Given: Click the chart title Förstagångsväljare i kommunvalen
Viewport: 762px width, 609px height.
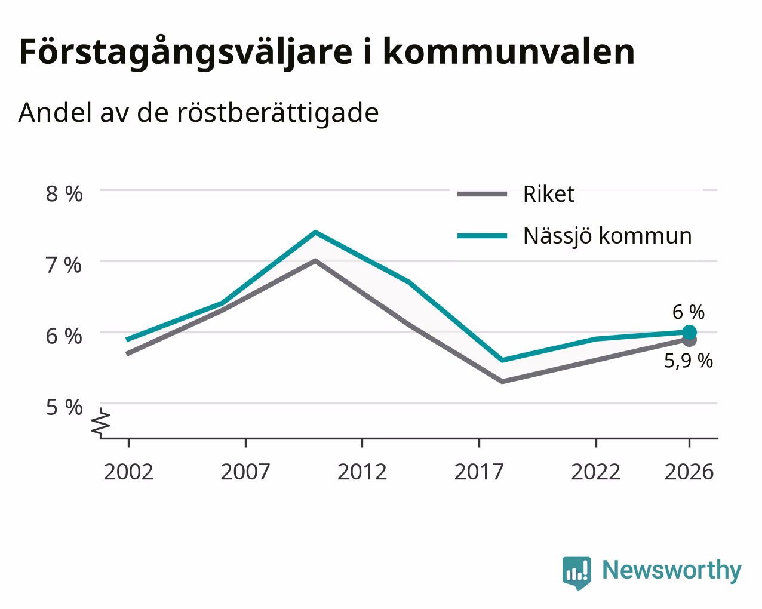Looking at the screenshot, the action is (327, 53).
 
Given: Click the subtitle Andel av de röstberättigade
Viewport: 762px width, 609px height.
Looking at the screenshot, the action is (198, 113).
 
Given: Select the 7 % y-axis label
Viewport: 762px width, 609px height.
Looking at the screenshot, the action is (64, 265).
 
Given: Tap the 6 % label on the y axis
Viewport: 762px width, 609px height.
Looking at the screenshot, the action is (64, 336).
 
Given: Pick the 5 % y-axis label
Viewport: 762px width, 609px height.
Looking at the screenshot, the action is (64, 407).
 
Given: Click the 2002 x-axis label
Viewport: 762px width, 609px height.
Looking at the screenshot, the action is (128, 472).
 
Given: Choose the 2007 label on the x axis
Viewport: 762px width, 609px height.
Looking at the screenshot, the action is (245, 472).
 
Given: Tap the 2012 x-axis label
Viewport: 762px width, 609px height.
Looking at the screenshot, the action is (362, 472).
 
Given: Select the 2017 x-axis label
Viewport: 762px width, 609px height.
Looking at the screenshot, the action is (479, 472).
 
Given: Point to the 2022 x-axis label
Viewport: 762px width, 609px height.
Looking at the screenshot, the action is (596, 472).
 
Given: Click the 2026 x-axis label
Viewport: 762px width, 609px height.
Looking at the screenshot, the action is (689, 472).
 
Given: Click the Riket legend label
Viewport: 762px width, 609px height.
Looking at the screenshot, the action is (549, 194).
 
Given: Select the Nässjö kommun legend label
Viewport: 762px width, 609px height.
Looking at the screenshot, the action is (607, 236).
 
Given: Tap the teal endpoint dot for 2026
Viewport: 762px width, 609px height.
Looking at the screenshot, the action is (689, 333).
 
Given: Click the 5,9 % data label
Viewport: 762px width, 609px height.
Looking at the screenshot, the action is (689, 361).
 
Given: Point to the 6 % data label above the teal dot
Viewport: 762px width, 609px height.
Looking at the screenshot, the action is (689, 312).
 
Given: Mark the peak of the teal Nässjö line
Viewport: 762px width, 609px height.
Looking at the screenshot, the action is (315, 232).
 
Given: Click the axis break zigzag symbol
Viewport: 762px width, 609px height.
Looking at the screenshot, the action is (101, 422).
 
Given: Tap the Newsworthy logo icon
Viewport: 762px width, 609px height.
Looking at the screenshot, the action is (577, 573).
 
